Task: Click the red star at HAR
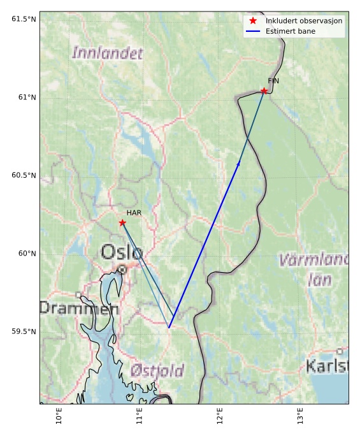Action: pos(122,222)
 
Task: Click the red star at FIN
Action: pos(264,91)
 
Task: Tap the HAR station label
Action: pos(133,213)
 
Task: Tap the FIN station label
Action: pos(273,81)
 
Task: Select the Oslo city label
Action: pos(122,251)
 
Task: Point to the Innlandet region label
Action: pos(107,53)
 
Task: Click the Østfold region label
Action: pos(157,370)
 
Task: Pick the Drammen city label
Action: pos(78,309)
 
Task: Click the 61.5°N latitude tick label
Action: pos(24,18)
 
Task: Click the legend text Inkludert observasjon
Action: pos(304,21)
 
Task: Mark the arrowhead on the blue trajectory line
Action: pos(239,164)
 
